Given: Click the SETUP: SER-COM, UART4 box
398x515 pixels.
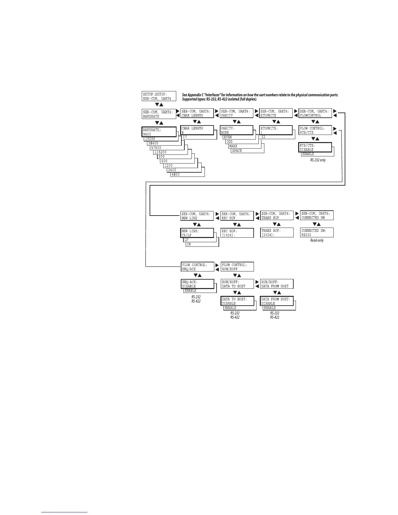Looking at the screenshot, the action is pyautogui.click(x=159, y=96).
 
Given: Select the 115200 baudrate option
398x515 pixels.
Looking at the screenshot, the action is pyautogui.click(x=161, y=152).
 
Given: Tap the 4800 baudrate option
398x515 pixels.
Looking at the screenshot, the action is pyautogui.click(x=176, y=175).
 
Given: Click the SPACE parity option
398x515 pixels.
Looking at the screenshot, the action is pyautogui.click(x=237, y=151).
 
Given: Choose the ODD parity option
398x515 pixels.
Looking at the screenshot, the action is pyautogui.click(x=230, y=142).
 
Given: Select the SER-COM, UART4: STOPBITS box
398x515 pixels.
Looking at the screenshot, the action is pyautogui.click(x=276, y=113).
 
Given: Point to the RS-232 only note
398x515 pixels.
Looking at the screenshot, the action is pyautogui.click(x=318, y=160).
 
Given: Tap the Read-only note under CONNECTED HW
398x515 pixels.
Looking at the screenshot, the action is pyautogui.click(x=317, y=240).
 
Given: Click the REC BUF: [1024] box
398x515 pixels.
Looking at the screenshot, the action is pyautogui.click(x=237, y=233).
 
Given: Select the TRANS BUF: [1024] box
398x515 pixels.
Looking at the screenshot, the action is pyautogui.click(x=277, y=232).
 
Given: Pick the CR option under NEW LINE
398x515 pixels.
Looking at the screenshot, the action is pyautogui.click(x=189, y=244).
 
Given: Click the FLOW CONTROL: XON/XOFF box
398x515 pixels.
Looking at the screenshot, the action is pyautogui.click(x=237, y=267).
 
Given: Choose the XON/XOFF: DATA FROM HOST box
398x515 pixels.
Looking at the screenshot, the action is pyautogui.click(x=277, y=284).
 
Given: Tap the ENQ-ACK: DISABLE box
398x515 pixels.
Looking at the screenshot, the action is pyautogui.click(x=198, y=284).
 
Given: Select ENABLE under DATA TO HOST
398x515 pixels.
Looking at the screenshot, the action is pyautogui.click(x=231, y=308).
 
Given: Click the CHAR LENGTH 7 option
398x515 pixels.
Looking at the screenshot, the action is pyautogui.click(x=186, y=137).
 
